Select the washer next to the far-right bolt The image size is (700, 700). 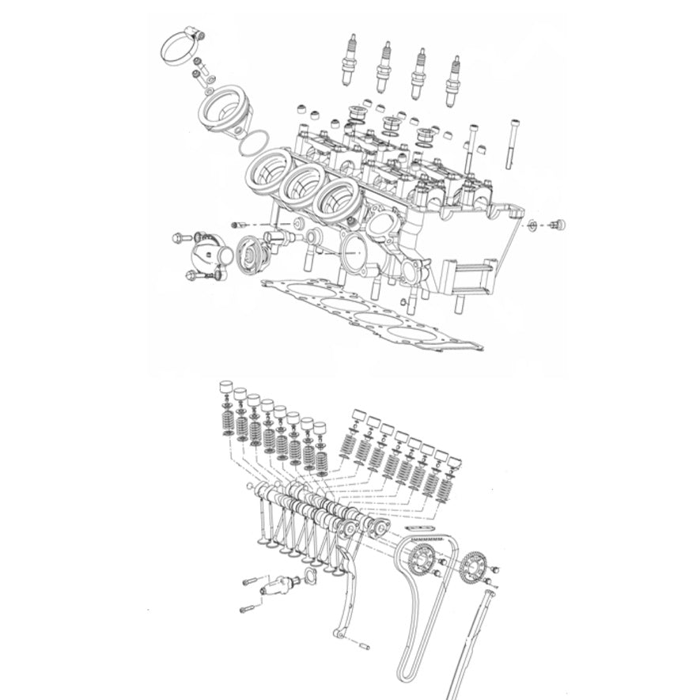(x=535, y=225)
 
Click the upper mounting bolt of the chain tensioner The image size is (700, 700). (x=251, y=581)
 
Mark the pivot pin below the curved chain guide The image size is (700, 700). (x=364, y=646)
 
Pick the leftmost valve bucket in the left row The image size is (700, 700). (x=225, y=388)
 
